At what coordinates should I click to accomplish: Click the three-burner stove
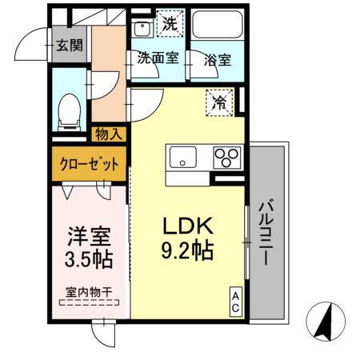coord(227,157)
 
